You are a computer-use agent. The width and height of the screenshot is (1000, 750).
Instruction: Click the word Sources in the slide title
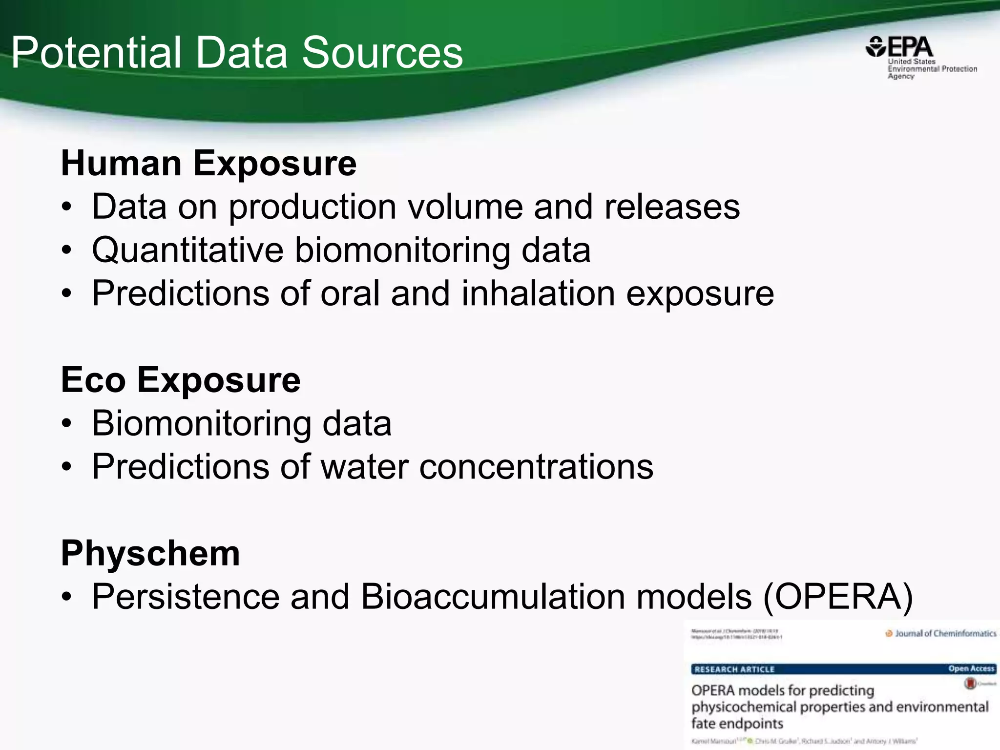(382, 53)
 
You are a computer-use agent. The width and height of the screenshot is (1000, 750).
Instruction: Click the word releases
(672, 207)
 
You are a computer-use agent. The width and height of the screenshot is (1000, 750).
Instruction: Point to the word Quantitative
(187, 250)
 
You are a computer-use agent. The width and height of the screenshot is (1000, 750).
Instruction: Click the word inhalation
(538, 293)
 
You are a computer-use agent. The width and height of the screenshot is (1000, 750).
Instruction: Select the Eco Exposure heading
(181, 380)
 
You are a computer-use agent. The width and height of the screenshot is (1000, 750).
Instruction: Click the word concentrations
(536, 467)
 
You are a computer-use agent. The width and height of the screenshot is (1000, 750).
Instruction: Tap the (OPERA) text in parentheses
(838, 597)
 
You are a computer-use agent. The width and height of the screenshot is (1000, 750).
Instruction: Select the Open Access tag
(971, 668)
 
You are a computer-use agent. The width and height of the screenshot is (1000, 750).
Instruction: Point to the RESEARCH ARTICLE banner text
(734, 669)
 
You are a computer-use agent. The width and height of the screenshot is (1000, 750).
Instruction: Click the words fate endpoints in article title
(737, 723)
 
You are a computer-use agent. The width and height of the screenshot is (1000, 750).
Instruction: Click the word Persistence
(186, 597)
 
